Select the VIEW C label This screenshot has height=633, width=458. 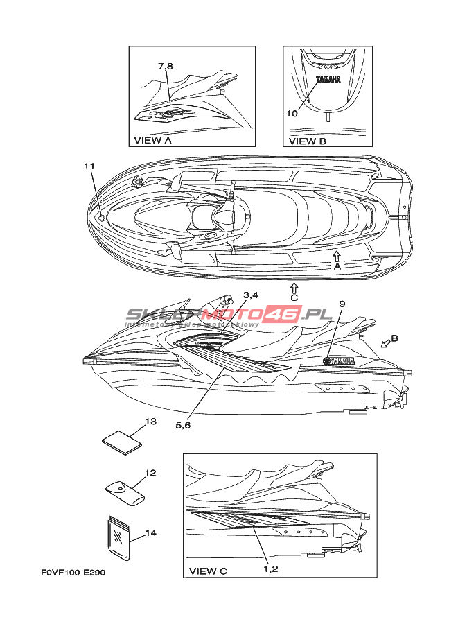tap(208, 571)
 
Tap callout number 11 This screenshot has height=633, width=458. tap(89, 166)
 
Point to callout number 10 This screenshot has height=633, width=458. tap(292, 112)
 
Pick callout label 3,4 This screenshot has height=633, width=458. tap(251, 295)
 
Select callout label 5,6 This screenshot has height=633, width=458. tap(183, 425)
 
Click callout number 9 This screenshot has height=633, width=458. tap(342, 303)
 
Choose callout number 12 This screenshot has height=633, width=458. tap(150, 473)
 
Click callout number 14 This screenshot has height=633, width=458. tap(151, 533)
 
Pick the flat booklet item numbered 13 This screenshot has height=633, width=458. tap(122, 442)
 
